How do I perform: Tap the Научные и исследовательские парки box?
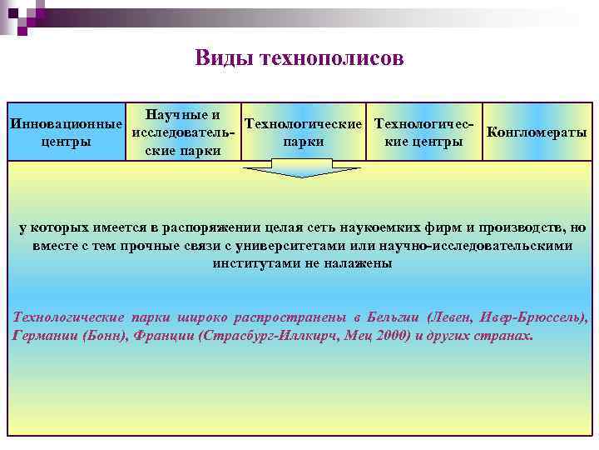(x=182, y=132)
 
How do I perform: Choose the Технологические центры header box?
(x=425, y=132)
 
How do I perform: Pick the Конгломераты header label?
(x=537, y=132)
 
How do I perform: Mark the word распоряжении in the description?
(x=215, y=227)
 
